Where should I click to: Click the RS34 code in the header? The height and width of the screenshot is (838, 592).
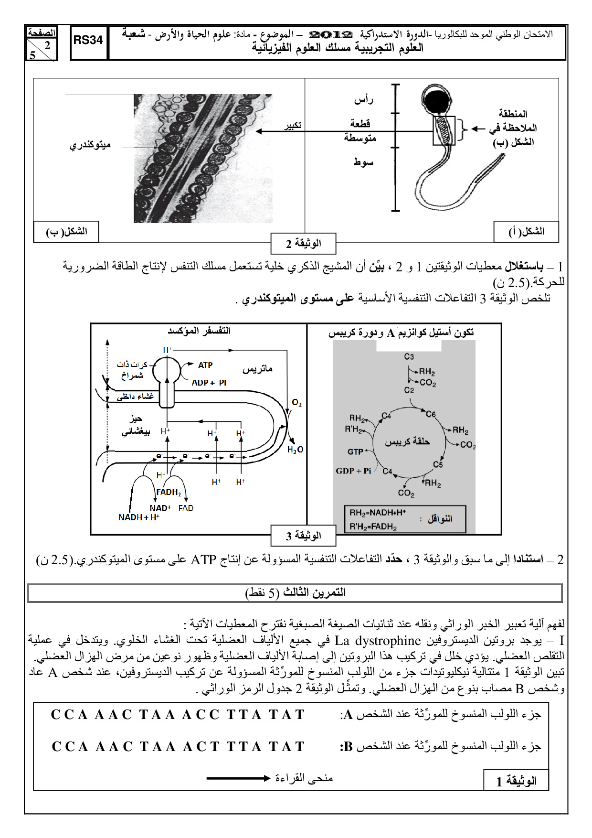click(88, 41)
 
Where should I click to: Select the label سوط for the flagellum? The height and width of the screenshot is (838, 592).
click(363, 162)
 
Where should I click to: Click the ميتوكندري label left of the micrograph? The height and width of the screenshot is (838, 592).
click(90, 145)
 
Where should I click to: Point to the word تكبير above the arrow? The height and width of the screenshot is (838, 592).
click(293, 125)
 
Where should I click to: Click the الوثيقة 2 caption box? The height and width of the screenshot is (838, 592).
click(304, 244)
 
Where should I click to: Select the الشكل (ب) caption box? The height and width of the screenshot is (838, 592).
click(66, 232)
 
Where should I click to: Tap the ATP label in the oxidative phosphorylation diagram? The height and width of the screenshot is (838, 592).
click(205, 365)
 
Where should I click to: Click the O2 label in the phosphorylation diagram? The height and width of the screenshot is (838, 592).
click(296, 403)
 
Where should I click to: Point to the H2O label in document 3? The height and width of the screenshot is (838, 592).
click(295, 450)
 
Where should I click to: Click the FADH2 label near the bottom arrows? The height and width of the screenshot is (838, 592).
click(169, 492)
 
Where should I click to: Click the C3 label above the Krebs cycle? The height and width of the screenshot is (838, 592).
click(409, 356)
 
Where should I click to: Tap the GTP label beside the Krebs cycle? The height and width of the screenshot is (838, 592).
click(355, 451)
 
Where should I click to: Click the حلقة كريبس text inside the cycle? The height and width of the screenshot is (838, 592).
click(407, 442)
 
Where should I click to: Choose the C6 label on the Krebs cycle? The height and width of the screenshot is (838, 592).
click(431, 414)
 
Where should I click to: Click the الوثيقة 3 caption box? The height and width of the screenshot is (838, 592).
click(304, 536)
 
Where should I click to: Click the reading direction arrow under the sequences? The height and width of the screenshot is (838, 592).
click(238, 778)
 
